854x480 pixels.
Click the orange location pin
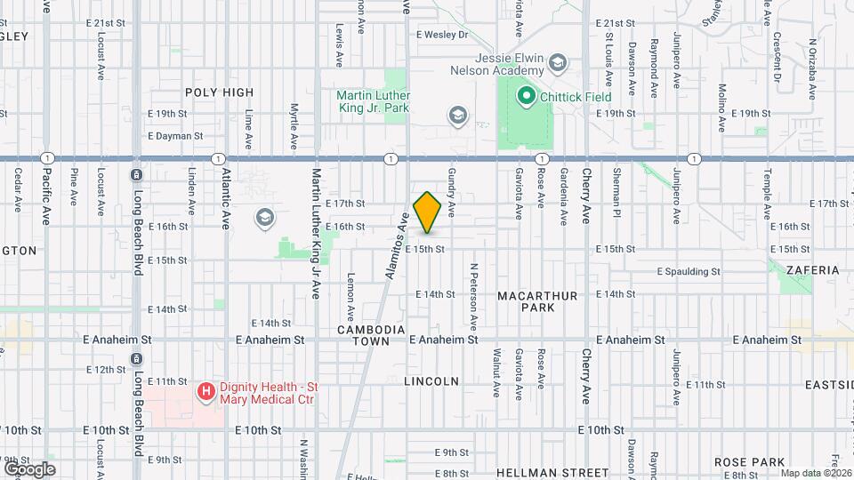point(428,212)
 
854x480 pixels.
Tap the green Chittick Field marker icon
point(525,96)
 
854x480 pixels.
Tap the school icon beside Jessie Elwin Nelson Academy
point(557,62)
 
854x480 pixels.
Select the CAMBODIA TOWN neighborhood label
point(372,335)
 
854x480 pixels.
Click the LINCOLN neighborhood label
point(431,381)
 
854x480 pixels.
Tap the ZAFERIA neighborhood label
point(812,269)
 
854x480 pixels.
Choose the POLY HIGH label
point(219,92)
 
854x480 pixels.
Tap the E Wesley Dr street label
point(441,35)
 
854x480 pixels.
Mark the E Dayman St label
point(175,136)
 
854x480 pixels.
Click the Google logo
point(29,468)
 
